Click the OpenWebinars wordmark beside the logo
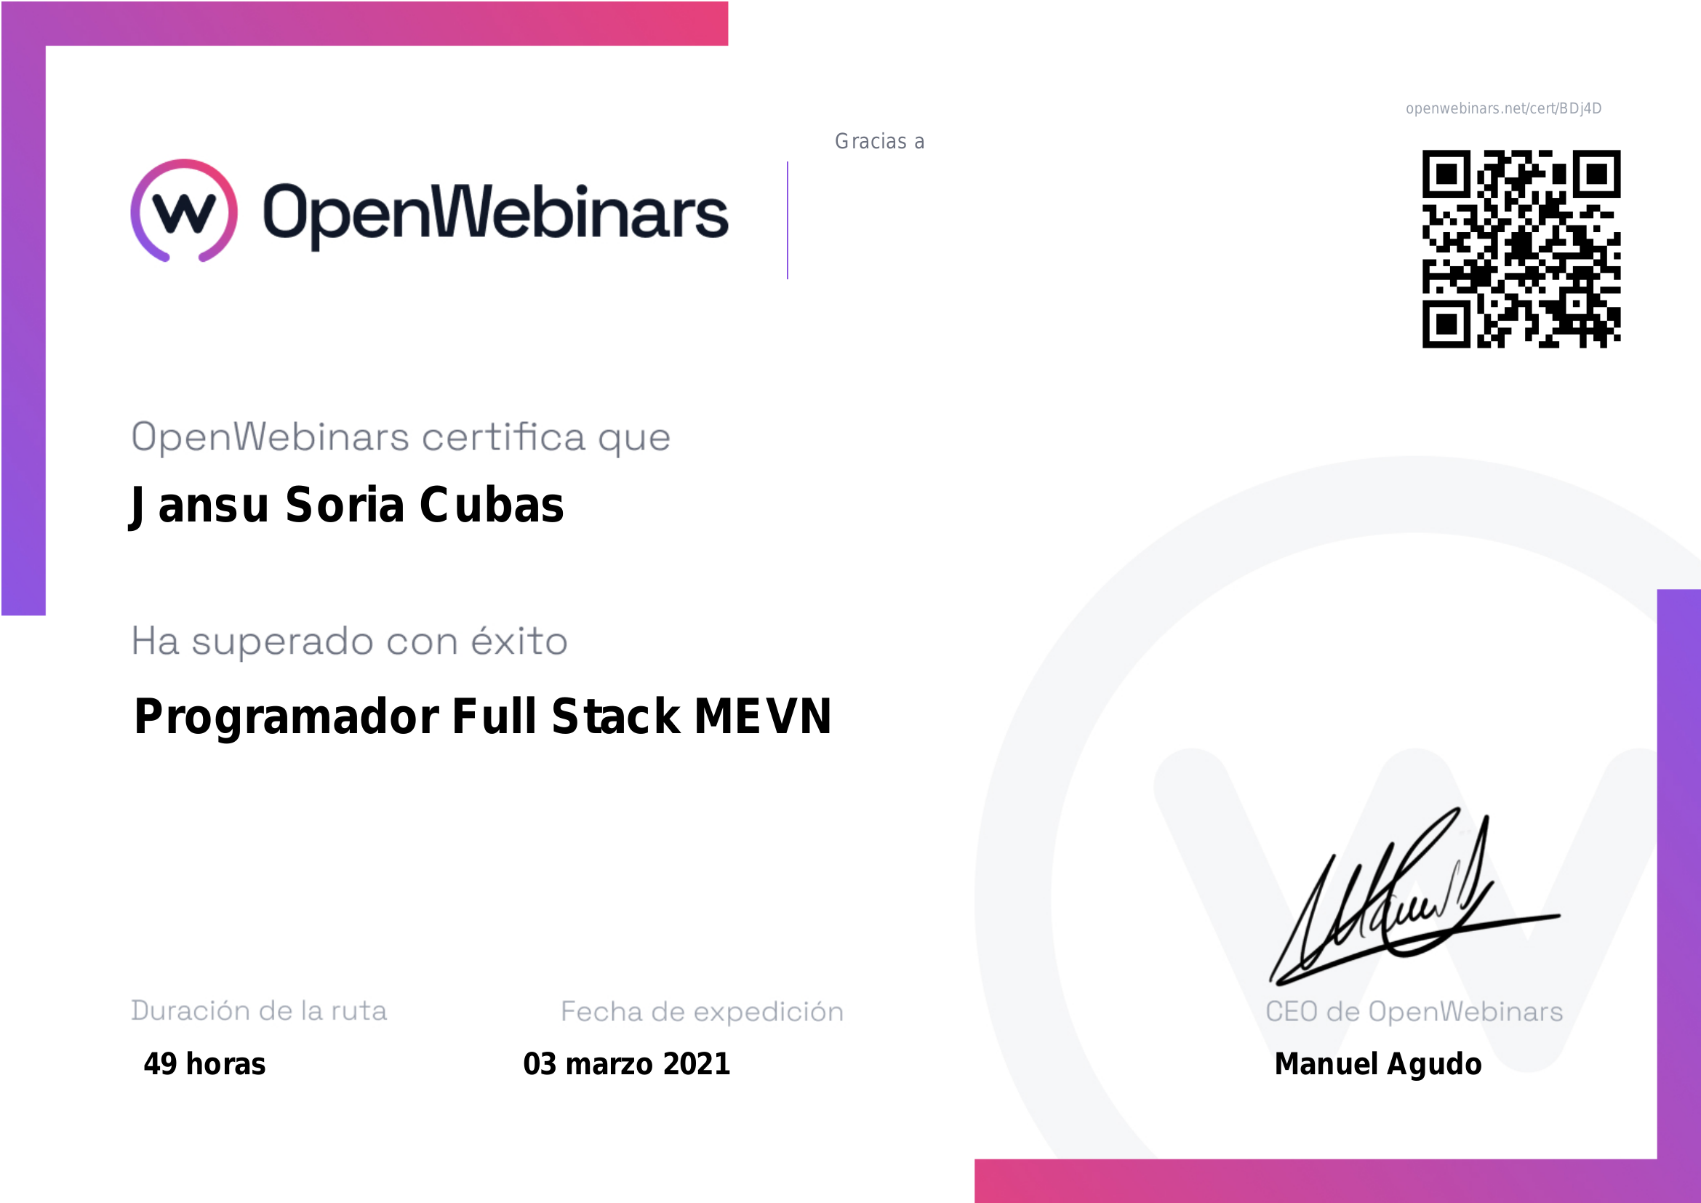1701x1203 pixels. (496, 215)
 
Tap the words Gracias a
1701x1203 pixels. (879, 142)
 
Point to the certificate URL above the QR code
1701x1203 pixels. (1503, 109)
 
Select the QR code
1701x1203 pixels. (1521, 249)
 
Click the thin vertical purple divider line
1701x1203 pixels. (788, 220)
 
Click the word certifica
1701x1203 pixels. (504, 436)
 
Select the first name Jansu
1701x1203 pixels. (199, 506)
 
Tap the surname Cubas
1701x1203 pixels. (492, 505)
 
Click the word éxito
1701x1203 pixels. (519, 640)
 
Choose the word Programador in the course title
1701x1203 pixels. (287, 717)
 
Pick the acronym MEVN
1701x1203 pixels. (763, 716)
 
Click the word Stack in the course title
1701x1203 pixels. (616, 716)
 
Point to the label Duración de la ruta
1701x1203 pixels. (259, 1010)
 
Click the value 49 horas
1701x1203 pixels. (204, 1064)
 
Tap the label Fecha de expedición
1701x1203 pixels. (702, 1011)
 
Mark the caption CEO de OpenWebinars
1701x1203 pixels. (1414, 1011)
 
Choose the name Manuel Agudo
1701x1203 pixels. (1378, 1064)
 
